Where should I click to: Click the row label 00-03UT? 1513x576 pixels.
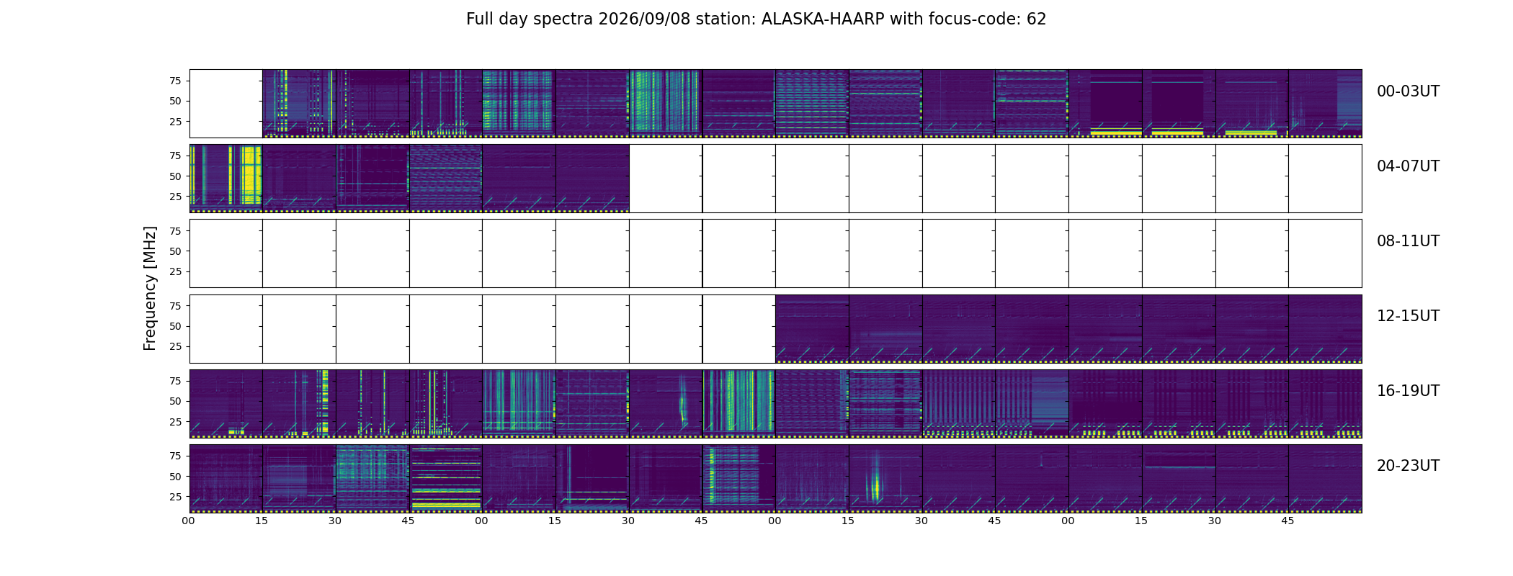pos(1408,91)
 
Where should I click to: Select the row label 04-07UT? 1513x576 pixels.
pos(1408,166)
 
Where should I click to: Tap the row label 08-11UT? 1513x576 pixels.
pos(1408,241)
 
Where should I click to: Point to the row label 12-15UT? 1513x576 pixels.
pos(1408,316)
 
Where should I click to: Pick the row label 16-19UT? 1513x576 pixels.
pos(1408,391)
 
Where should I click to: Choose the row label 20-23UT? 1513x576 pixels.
pos(1408,466)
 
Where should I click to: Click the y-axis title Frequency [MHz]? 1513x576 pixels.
pos(150,288)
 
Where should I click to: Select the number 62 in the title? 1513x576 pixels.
pos(1037,19)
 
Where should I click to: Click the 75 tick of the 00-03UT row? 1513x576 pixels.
pos(175,81)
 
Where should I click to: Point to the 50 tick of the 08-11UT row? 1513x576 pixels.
pos(175,251)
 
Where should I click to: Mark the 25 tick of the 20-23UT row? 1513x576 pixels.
pos(175,497)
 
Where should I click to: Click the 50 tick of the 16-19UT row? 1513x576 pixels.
pos(175,401)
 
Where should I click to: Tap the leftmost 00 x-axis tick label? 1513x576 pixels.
pos(189,521)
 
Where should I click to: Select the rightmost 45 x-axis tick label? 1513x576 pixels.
pos(1287,521)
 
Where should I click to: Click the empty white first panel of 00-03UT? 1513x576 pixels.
pos(226,103)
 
